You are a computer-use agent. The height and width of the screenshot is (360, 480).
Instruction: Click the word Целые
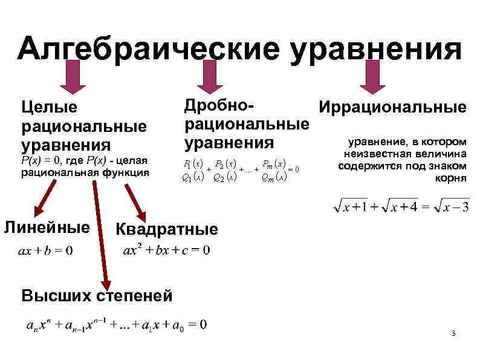[49, 108]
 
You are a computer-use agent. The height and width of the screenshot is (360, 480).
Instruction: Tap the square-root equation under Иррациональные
[401, 208]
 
